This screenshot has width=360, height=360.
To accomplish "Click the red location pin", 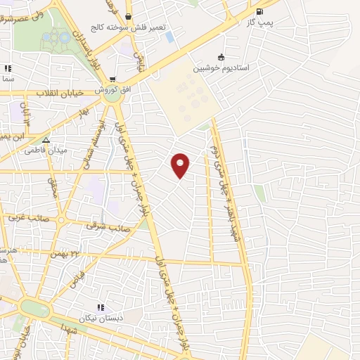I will (x=181, y=165).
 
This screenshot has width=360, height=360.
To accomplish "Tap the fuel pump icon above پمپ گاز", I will (x=260, y=11).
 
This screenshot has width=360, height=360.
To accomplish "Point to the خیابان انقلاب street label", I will (x=56, y=93).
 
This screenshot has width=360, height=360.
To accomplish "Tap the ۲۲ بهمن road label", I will (x=63, y=252).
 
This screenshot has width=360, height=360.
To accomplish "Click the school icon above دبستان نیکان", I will (x=101, y=307).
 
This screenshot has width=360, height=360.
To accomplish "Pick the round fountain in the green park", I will (x=65, y=37).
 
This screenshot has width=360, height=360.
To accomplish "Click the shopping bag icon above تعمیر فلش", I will (x=128, y=16).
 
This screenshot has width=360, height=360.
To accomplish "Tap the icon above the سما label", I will (x=8, y=69).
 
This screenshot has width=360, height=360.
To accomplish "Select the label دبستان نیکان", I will (x=102, y=318).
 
